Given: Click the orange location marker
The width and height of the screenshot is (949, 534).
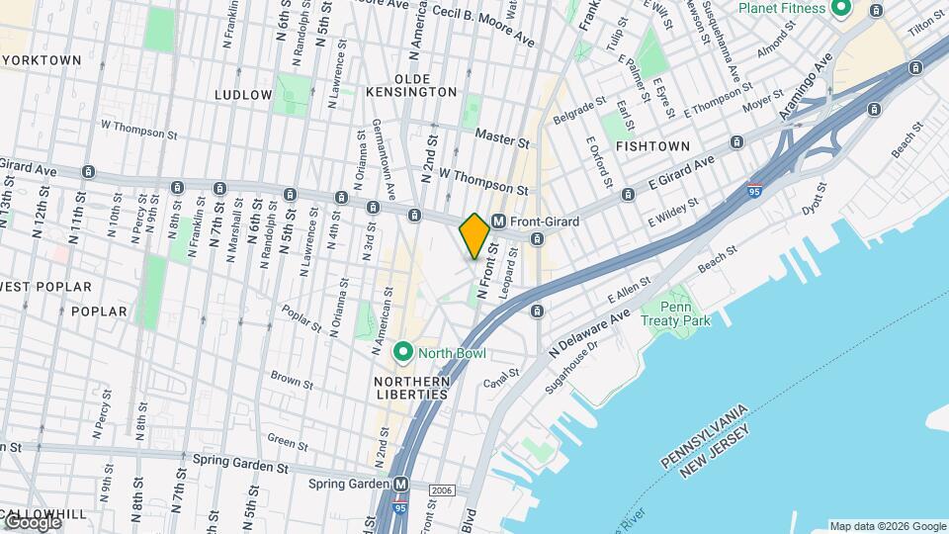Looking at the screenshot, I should pyautogui.click(x=474, y=235).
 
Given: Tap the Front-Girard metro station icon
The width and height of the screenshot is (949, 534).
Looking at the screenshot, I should pyautogui.click(x=499, y=222).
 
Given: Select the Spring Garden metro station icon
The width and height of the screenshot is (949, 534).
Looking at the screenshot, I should pyautogui.click(x=400, y=485).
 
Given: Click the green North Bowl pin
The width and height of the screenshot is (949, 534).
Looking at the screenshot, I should pyautogui.click(x=403, y=351).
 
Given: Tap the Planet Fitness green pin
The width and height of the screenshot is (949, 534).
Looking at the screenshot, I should pyautogui.click(x=841, y=9).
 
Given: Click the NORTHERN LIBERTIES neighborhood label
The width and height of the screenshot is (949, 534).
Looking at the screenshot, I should pyautogui.click(x=411, y=388).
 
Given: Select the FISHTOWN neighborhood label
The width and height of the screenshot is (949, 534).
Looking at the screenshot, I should pyautogui.click(x=652, y=145).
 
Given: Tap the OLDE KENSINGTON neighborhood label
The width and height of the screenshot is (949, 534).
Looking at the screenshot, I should pyautogui.click(x=425, y=85).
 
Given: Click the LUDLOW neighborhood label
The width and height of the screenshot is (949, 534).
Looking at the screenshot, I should pyautogui.click(x=243, y=95).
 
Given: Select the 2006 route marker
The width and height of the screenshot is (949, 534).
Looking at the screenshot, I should pyautogui.click(x=442, y=490).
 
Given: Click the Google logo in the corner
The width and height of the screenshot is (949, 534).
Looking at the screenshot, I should pyautogui.click(x=32, y=522).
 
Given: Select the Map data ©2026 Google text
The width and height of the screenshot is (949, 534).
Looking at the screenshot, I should pyautogui.click(x=888, y=526).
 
